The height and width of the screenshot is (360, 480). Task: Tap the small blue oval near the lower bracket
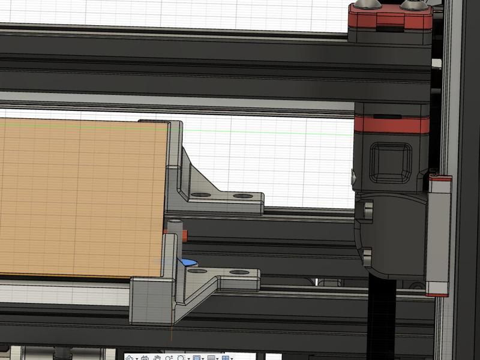tap(188, 262)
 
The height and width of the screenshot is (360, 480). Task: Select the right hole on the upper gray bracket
tap(242, 196)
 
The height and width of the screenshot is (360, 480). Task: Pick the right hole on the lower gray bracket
tap(238, 272)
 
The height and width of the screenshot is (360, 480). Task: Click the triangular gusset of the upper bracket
tap(195, 174)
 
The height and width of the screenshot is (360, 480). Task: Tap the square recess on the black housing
tap(391, 161)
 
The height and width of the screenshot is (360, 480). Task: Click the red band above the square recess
tap(391, 124)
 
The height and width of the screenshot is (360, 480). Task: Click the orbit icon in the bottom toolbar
tap(128, 358)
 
